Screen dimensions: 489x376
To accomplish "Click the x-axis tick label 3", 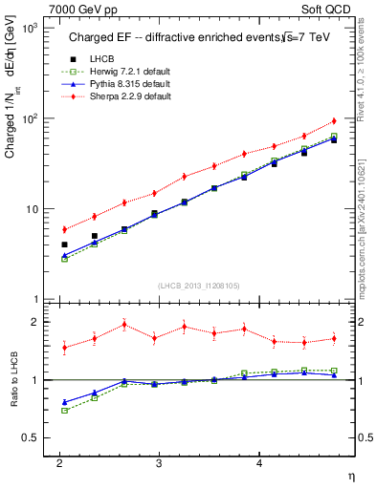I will tap(159, 461).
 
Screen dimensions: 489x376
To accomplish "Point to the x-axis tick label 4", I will tap(258, 461).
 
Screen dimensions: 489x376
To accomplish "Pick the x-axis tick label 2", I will tap(59, 461).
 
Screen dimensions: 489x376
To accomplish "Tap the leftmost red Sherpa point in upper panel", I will tap(64, 229).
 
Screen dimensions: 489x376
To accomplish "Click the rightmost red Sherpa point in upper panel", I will tap(334, 120).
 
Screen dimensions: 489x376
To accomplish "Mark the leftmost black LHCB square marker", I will tap(64, 244).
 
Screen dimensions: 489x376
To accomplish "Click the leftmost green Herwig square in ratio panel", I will tap(64, 411).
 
